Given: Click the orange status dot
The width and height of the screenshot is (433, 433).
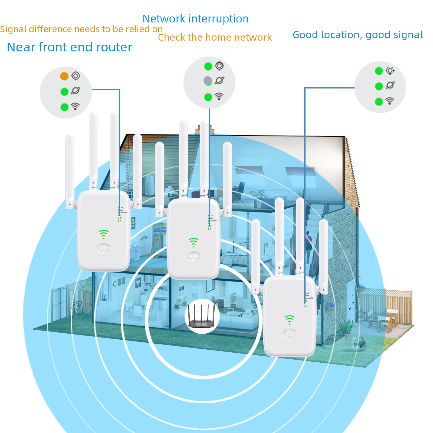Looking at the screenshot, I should (x=64, y=76).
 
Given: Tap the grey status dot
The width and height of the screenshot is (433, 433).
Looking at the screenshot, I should (x=208, y=80).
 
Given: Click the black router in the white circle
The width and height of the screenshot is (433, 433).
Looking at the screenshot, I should (x=201, y=316).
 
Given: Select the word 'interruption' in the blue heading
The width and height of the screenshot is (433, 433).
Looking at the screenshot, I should (x=219, y=19).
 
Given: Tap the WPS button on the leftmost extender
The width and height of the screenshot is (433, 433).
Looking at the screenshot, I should (x=104, y=248).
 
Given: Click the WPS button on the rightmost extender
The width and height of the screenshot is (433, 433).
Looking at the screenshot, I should (x=289, y=334).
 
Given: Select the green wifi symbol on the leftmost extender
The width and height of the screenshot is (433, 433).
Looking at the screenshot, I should (x=104, y=234).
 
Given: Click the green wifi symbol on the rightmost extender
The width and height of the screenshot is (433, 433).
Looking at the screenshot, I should (x=289, y=320).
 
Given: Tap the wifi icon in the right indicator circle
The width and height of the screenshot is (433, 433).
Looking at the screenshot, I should (x=390, y=101).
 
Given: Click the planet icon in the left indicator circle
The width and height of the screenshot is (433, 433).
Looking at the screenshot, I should (x=76, y=91).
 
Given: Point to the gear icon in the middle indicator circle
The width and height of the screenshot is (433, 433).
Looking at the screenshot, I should (x=219, y=66).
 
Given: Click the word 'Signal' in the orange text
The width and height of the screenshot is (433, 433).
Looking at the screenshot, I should (x=13, y=29).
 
